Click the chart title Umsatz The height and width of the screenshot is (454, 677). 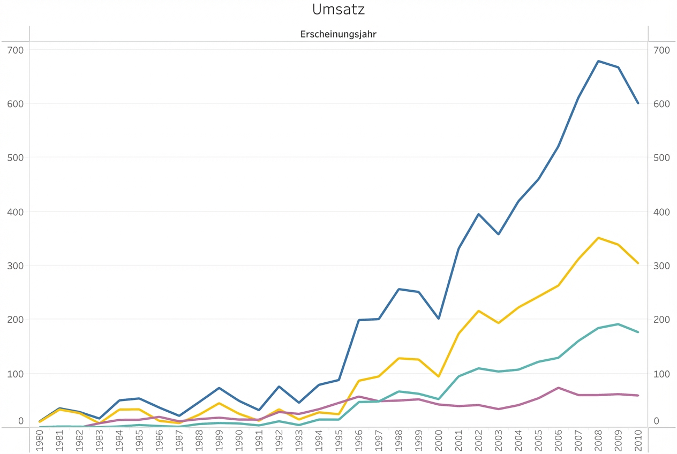[x=338, y=10]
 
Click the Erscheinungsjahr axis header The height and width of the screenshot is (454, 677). [x=338, y=34]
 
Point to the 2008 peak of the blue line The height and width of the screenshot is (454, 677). [x=598, y=61]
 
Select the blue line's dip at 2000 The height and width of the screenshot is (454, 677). [x=439, y=319]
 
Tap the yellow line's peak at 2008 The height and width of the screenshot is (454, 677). [x=598, y=238]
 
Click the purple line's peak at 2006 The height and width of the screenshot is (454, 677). [x=558, y=388]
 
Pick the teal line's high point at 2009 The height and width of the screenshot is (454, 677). [x=618, y=324]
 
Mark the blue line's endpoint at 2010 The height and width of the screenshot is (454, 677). [x=638, y=103]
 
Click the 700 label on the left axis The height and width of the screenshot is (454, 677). [x=16, y=50]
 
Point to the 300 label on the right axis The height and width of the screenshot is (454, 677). [x=661, y=266]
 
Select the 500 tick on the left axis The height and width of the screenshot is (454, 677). [x=16, y=157]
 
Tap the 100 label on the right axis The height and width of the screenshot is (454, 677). [x=661, y=373]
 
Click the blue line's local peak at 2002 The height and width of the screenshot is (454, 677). [x=478, y=214]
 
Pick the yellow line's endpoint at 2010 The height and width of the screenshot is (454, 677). [x=638, y=263]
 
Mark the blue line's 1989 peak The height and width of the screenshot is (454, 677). [x=219, y=388]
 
